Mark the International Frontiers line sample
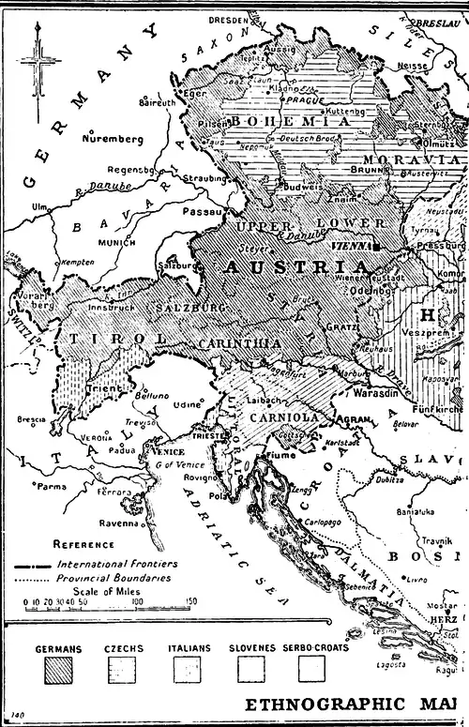pyautogui.click(x=32, y=566)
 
